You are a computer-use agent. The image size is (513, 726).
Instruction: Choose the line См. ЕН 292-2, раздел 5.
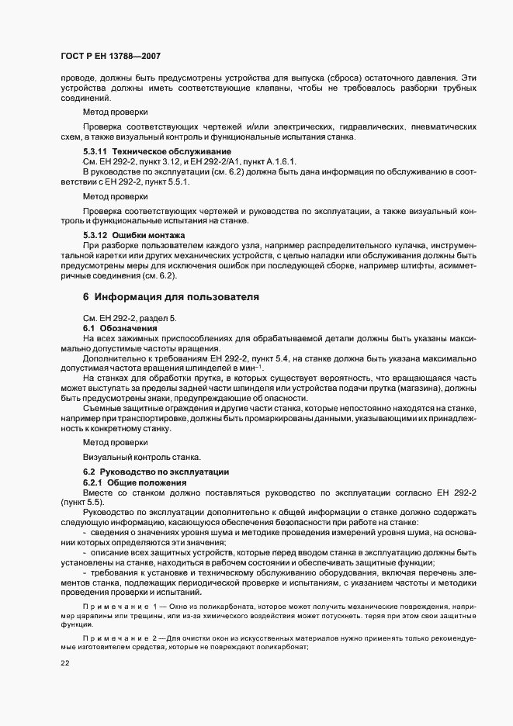pos(130,319)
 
